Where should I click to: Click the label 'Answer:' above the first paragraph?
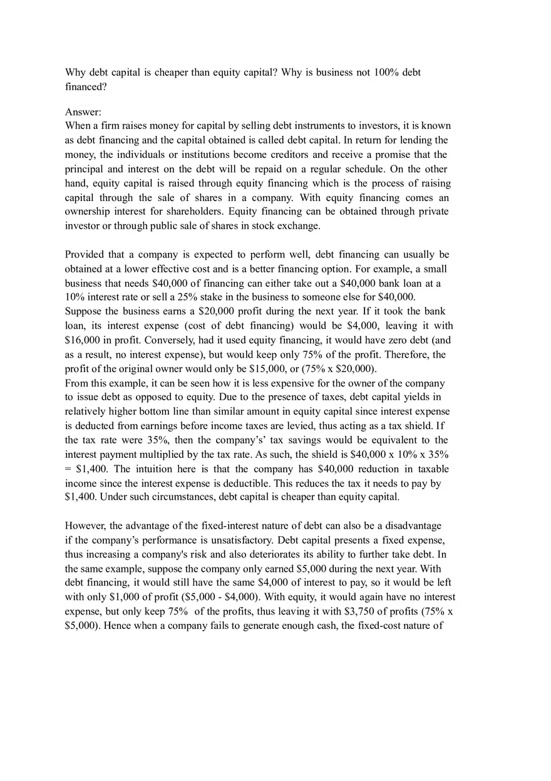pyautogui.click(x=83, y=112)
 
